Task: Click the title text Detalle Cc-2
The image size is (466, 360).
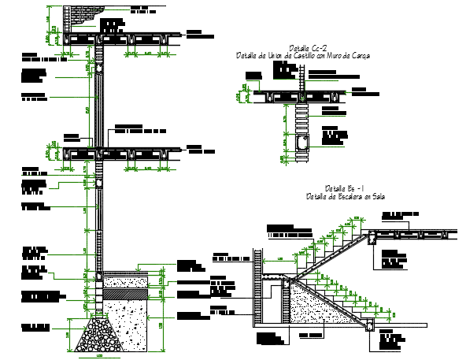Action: pyautogui.click(x=302, y=49)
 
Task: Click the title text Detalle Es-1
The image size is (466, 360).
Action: pyautogui.click(x=342, y=189)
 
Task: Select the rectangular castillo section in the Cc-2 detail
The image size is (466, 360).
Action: pyautogui.click(x=305, y=142)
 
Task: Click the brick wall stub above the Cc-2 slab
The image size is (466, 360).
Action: pyautogui.click(x=301, y=76)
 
